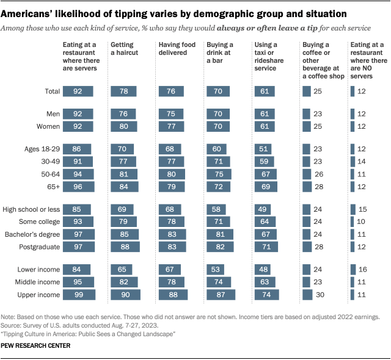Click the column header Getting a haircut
pyautogui.click(x=125, y=49)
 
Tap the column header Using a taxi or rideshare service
pyautogui.click(x=269, y=53)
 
